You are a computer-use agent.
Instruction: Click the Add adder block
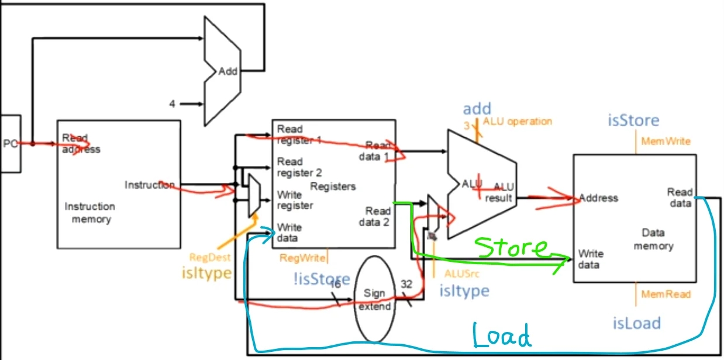[x=229, y=71]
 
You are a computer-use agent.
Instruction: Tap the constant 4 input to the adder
[x=173, y=104]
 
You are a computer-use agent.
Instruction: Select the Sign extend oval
[x=374, y=299]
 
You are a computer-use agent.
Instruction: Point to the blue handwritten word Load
[x=502, y=336]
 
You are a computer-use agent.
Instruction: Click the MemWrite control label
[x=666, y=141]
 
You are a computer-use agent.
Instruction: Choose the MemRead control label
[x=666, y=294]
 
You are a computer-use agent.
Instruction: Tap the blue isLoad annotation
[x=637, y=323]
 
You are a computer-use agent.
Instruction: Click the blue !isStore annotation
[x=322, y=279]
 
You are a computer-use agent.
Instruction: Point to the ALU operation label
[x=518, y=122]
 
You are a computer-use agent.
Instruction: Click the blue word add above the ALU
[x=477, y=108]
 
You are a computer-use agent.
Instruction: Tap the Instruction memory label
[x=89, y=213]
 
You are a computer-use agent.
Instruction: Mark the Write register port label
[x=295, y=200]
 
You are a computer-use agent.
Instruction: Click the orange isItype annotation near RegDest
[x=206, y=272]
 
